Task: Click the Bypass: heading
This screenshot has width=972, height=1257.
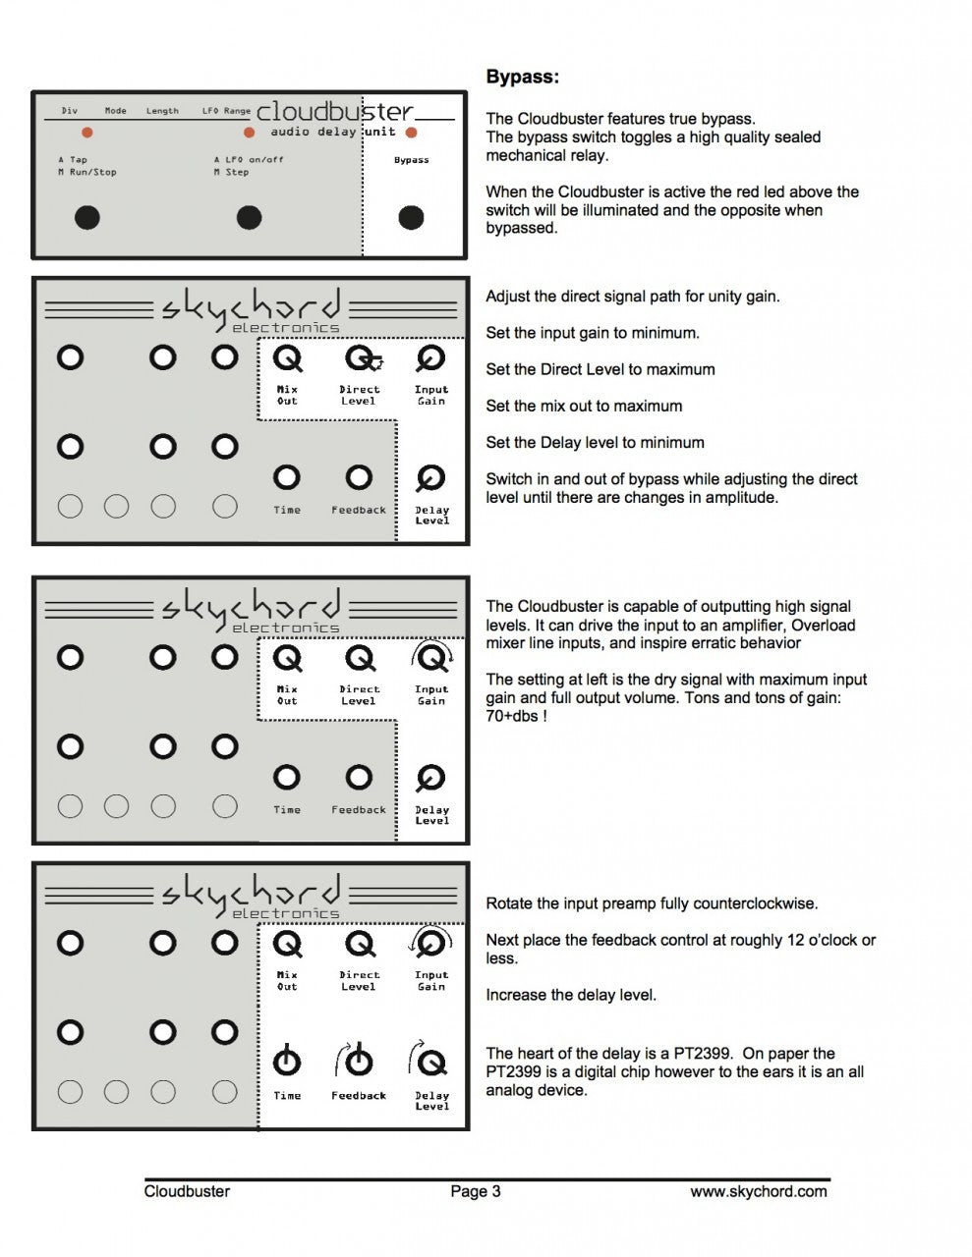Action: click(x=522, y=77)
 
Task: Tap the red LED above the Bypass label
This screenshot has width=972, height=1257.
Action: click(x=411, y=133)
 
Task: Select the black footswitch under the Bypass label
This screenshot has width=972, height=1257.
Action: click(x=411, y=217)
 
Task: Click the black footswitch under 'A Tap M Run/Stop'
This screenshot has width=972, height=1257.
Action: click(x=87, y=217)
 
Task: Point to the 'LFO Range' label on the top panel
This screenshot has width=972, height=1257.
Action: click(x=226, y=111)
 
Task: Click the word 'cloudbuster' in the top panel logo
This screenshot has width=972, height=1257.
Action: click(x=334, y=111)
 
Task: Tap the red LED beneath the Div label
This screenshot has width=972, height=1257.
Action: click(x=86, y=133)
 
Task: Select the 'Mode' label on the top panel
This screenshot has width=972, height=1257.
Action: click(x=116, y=111)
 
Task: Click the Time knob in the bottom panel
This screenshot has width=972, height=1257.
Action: click(x=287, y=1061)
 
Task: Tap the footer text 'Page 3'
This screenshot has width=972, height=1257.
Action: click(x=476, y=1191)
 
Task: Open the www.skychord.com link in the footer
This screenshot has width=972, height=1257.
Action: click(x=759, y=1191)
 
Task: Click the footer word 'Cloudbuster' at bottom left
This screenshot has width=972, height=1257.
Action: click(x=187, y=1191)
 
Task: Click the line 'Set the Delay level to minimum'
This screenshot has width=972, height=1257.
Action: click(x=596, y=443)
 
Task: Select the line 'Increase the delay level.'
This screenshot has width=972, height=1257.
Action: click(x=571, y=995)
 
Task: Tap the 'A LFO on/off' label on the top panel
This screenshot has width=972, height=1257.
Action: click(x=249, y=160)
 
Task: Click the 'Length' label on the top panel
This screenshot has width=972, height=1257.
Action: click(x=162, y=111)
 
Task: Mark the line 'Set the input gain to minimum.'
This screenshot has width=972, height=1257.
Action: click(x=593, y=333)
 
